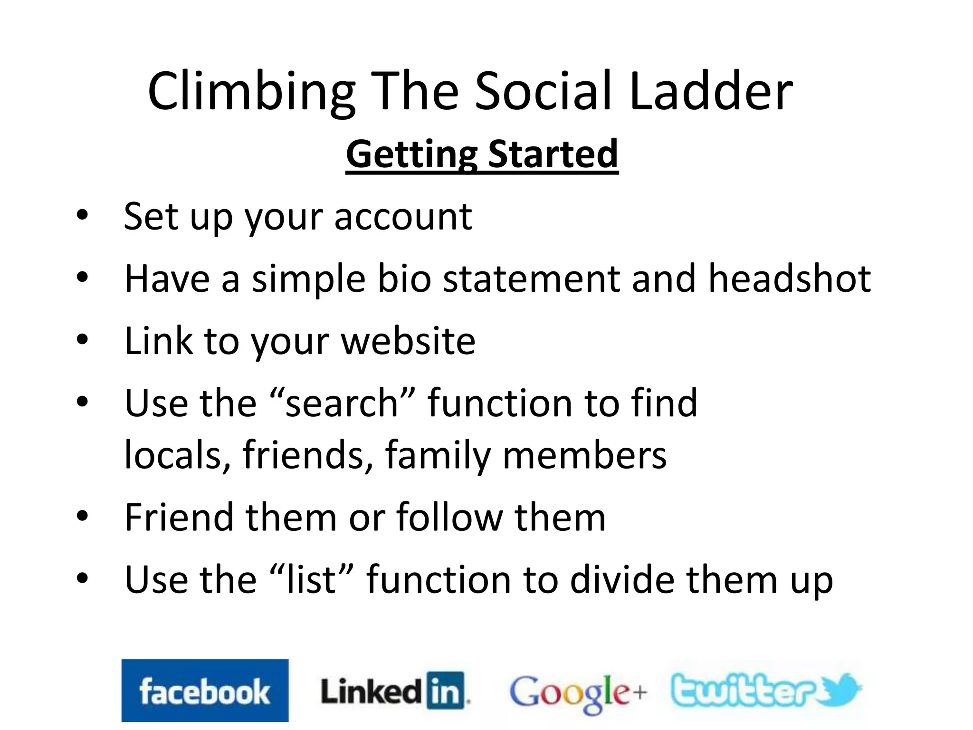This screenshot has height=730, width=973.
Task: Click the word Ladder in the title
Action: [711, 91]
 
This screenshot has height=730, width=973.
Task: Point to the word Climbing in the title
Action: [251, 91]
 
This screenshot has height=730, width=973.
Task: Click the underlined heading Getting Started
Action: [482, 154]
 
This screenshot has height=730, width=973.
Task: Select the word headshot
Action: [789, 279]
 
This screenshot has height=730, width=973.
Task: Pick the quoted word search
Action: [342, 403]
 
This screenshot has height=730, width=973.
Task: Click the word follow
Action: [449, 517]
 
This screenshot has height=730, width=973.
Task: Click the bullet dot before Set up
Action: [82, 215]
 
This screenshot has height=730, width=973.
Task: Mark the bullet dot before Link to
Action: [82, 339]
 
